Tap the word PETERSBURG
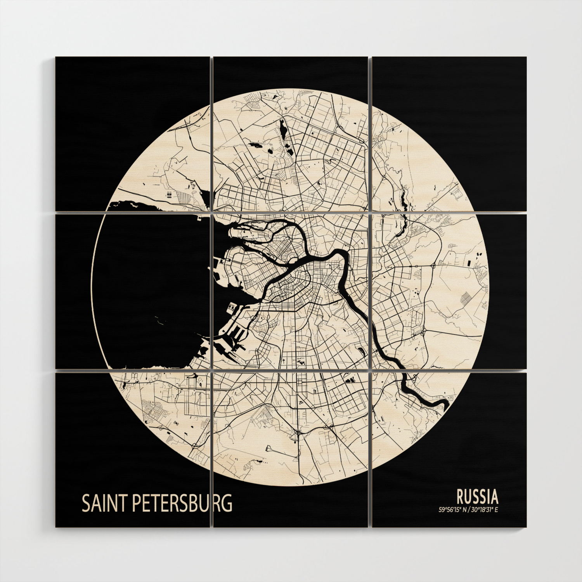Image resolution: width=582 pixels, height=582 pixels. tap(182, 503)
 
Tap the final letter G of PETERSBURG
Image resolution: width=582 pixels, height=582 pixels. tap(228, 503)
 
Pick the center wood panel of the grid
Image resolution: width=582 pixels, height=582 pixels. tap(291, 291)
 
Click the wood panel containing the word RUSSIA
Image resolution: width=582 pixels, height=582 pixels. tap(449, 449)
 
